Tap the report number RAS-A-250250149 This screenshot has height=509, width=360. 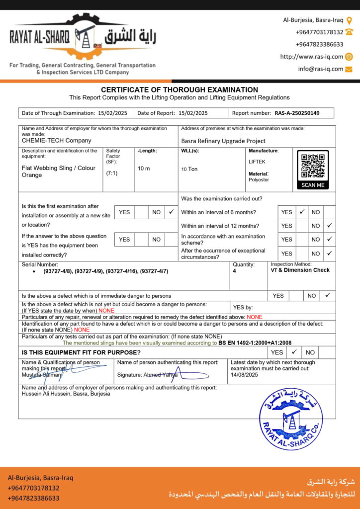click(297, 113)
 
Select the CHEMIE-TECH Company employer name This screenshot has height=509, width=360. click(57, 141)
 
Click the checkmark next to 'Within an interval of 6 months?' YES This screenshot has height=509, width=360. click(302, 212)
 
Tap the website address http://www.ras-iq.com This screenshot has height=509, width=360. click(311, 57)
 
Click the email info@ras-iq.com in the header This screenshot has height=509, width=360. click(321, 69)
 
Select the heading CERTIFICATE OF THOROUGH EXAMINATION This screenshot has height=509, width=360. click(180, 89)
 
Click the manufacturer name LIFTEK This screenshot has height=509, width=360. click(257, 162)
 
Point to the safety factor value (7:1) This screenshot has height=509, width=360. click(112, 173)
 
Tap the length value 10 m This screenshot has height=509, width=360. click(144, 169)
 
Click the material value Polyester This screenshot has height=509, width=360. click(259, 180)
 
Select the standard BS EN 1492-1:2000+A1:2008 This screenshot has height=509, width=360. click(255, 343)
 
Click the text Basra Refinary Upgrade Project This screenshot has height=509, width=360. click(223, 141)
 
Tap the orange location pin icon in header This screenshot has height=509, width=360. click(349, 20)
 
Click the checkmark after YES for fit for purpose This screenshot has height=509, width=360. click(294, 352)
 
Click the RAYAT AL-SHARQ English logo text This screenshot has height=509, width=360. click(40, 37)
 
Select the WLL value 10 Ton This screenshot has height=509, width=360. click(189, 169)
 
